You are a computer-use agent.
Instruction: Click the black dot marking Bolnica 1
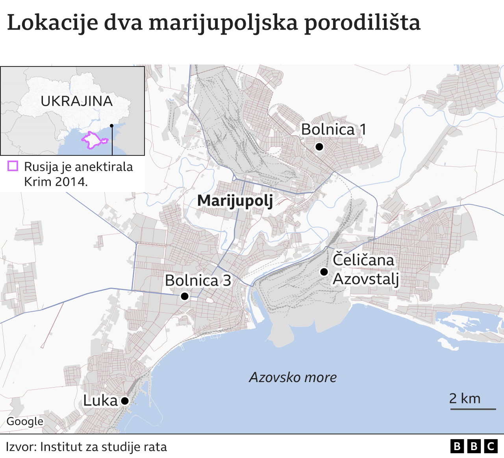[319, 147]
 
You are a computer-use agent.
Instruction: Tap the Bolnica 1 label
[334, 129]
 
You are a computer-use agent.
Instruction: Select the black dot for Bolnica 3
[184, 296]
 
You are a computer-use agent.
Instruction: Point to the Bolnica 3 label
[198, 281]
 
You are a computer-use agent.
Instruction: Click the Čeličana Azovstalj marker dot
[324, 272]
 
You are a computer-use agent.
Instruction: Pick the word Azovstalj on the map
[366, 279]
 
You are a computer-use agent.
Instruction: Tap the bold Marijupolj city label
[235, 201]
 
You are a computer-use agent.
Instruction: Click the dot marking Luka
[125, 401]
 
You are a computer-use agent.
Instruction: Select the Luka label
[100, 401]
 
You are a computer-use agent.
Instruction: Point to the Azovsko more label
[293, 377]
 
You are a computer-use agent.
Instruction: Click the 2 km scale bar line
[473, 409]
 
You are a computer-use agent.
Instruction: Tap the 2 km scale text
[465, 399]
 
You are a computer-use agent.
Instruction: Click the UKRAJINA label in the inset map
[77, 101]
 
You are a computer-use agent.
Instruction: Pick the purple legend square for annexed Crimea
[13, 166]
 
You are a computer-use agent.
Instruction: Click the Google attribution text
[25, 421]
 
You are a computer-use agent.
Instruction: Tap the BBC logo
[474, 446]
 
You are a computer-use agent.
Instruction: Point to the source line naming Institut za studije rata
[86, 447]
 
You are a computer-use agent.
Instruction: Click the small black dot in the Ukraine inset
[112, 126]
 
